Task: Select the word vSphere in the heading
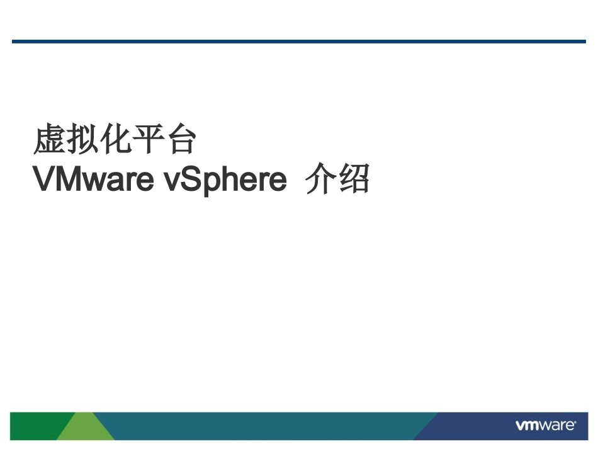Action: [225, 181]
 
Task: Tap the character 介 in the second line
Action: [320, 181]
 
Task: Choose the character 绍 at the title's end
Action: [353, 181]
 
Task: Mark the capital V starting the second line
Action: [44, 181]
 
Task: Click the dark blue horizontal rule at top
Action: [298, 42]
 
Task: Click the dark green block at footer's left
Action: [31, 426]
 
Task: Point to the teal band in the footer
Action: [264, 426]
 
